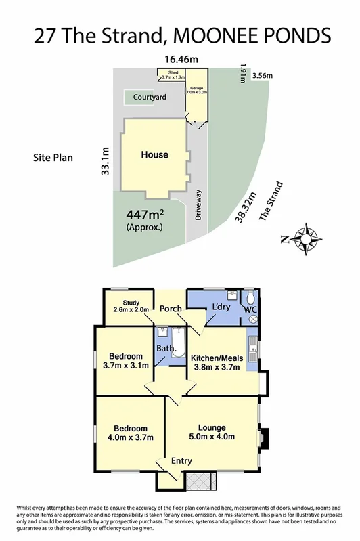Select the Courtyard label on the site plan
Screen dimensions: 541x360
pos(149,98)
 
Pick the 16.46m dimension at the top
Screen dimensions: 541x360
pos(179,60)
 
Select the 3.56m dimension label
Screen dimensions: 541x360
pos(263,76)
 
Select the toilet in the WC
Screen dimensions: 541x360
pos(251,299)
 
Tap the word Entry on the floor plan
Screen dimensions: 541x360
pos(181,461)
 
